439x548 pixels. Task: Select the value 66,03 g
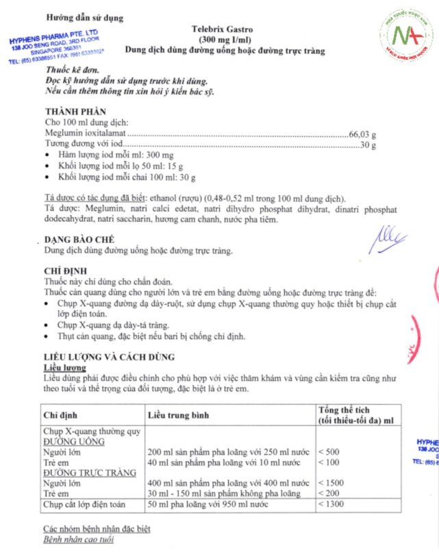click(x=362, y=134)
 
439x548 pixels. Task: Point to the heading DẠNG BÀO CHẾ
click(x=79, y=240)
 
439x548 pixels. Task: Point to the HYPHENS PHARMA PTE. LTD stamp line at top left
click(x=54, y=36)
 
